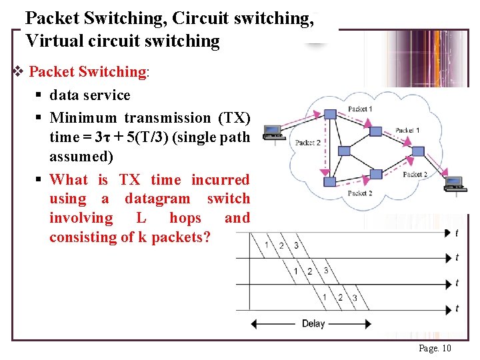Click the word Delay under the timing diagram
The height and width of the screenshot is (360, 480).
click(313, 324)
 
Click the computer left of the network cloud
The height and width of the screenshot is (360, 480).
click(271, 133)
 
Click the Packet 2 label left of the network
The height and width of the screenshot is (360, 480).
click(307, 142)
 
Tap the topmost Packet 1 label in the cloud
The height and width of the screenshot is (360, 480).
click(360, 109)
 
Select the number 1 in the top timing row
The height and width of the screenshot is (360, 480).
click(266, 245)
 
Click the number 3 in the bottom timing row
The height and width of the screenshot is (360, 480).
click(355, 297)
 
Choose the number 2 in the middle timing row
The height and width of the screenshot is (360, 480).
click(309, 271)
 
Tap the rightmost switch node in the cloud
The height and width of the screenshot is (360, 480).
click(418, 151)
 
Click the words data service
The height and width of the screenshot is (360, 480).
click(89, 95)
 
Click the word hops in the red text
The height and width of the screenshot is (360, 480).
click(185, 218)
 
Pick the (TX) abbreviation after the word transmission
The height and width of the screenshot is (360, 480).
click(234, 118)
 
